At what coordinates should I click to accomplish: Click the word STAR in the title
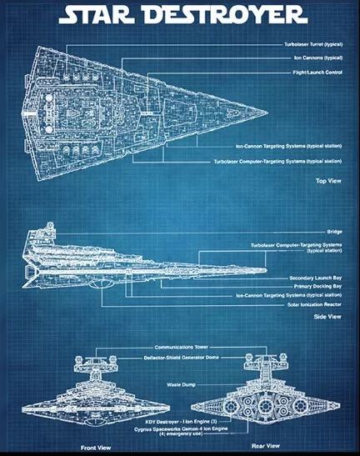[97, 15]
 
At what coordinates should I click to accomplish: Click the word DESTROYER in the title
[224, 15]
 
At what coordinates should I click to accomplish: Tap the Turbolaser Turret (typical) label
[313, 44]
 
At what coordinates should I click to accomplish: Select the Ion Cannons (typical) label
[318, 58]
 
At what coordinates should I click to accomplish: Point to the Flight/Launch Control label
[317, 73]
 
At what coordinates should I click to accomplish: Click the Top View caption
[328, 181]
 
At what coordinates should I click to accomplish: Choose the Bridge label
[334, 232]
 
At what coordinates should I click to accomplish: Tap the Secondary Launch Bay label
[316, 278]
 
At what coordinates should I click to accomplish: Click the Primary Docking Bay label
[317, 287]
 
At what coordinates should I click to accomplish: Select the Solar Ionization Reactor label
[314, 304]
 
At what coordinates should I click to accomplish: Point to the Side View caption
[327, 317]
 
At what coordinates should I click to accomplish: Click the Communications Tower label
[182, 348]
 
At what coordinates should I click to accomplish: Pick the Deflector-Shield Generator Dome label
[181, 358]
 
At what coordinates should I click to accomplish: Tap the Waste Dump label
[181, 385]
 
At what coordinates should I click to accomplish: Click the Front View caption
[96, 448]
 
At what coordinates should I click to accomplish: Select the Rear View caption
[266, 446]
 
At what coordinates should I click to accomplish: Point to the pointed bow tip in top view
[267, 113]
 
